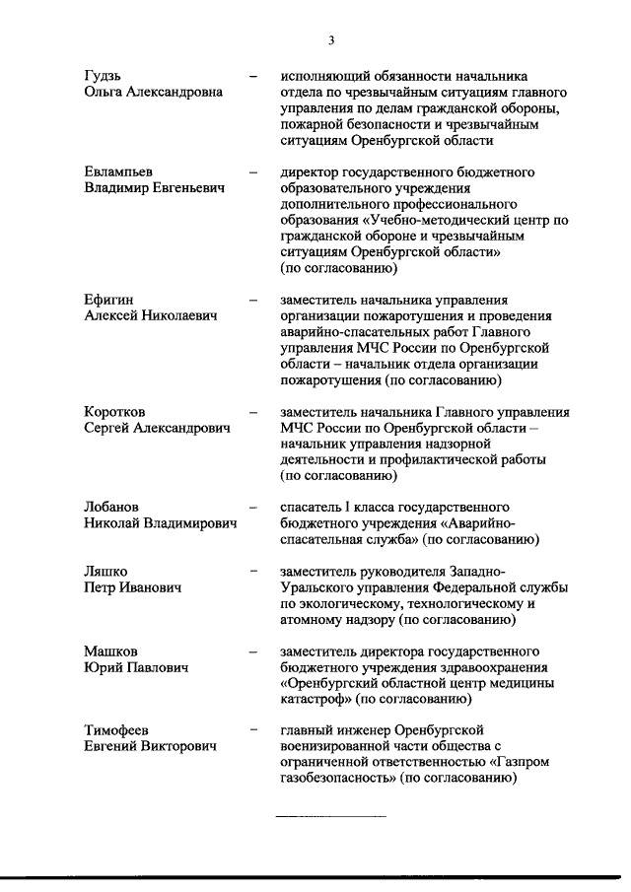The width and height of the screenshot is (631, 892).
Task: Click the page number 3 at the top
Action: (331, 40)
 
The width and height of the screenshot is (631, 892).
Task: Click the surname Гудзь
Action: (104, 76)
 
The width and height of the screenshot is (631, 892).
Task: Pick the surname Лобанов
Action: (111, 507)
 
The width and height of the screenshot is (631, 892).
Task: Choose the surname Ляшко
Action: (106, 571)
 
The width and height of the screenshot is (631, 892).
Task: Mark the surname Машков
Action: (110, 652)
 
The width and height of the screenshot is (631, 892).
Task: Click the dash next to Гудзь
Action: (254, 76)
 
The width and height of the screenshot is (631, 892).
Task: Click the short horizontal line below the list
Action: (330, 817)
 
